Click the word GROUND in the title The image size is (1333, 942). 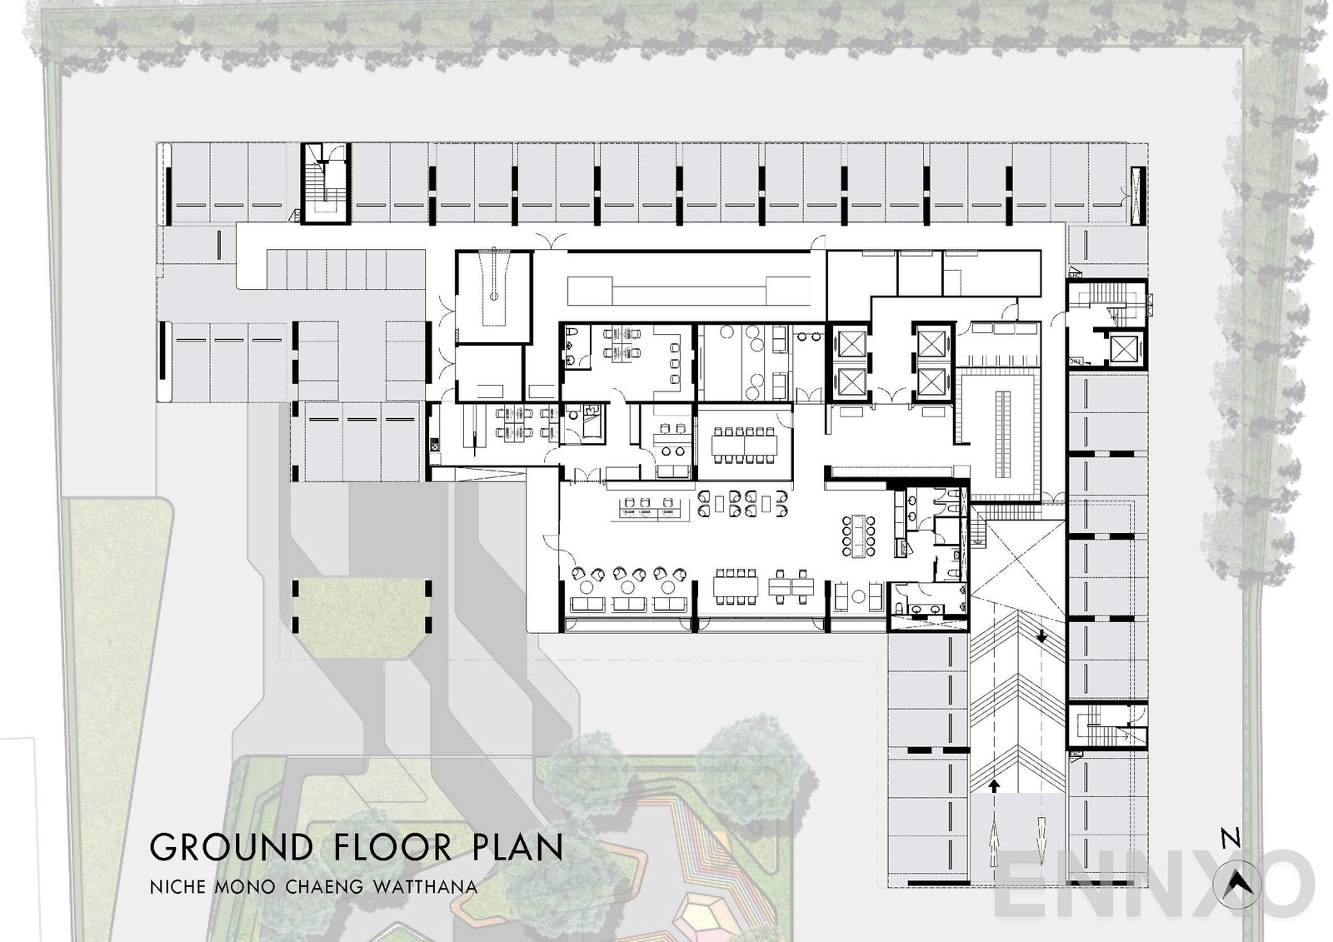231,848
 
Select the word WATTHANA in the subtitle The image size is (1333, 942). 425,886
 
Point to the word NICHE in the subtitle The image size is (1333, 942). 177,886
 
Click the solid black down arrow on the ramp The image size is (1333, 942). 1041,636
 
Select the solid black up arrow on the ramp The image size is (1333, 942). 994,785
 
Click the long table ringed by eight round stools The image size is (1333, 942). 859,536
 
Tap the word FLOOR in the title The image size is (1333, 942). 392,848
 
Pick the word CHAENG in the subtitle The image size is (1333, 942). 325,886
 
